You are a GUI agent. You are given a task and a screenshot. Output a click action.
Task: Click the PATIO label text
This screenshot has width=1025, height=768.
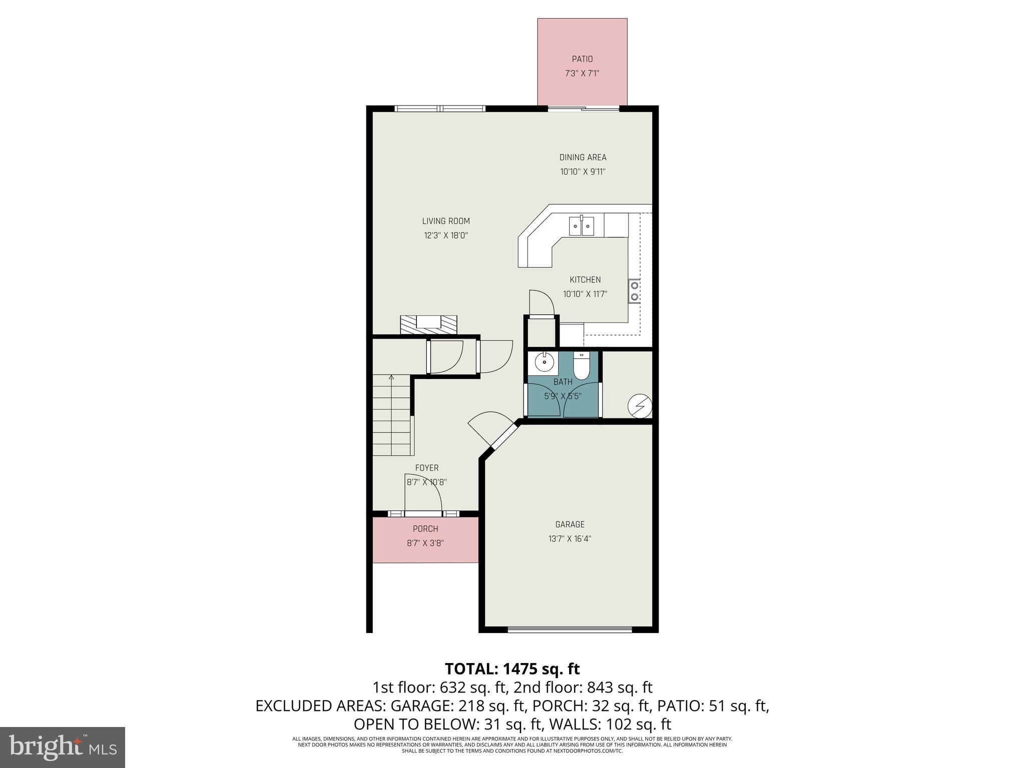point(582,59)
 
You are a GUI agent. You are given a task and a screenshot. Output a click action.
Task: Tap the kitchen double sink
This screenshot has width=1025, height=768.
point(582,226)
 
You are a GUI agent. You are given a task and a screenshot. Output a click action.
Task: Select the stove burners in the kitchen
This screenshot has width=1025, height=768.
point(635,291)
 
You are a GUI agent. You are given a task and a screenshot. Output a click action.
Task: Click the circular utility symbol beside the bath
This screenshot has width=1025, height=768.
point(640,405)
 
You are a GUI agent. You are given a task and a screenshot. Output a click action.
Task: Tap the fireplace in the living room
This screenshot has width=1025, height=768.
point(428,324)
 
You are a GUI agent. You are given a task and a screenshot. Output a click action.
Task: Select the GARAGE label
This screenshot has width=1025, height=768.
point(570,524)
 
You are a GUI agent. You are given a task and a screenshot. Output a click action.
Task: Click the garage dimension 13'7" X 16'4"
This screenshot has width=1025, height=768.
point(570,539)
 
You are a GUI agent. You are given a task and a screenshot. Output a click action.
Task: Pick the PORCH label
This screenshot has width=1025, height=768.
point(425,528)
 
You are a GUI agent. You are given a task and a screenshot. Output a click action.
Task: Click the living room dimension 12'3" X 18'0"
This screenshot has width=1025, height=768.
point(445,235)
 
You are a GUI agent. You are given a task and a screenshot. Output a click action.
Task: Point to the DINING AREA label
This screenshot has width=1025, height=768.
point(583,157)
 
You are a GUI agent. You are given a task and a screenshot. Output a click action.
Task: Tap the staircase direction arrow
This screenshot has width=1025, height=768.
point(391,378)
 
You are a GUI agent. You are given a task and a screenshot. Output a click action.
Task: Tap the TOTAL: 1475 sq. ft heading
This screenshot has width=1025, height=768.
point(512,668)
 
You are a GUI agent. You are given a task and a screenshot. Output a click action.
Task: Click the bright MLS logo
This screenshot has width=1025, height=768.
point(63,747)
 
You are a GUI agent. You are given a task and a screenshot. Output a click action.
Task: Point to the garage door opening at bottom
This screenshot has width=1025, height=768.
point(570,629)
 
